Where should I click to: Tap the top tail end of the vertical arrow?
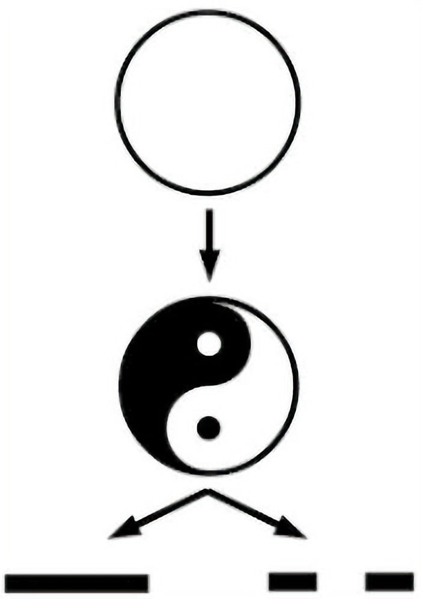(x=209, y=212)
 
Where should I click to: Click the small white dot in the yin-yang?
(x=209, y=344)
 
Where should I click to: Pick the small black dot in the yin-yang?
(x=209, y=428)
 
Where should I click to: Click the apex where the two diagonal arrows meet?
(x=208, y=491)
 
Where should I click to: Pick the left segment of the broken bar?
(x=292, y=582)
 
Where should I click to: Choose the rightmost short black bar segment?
(x=389, y=582)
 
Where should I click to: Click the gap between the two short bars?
(x=340, y=582)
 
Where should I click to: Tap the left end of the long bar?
(x=10, y=583)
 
